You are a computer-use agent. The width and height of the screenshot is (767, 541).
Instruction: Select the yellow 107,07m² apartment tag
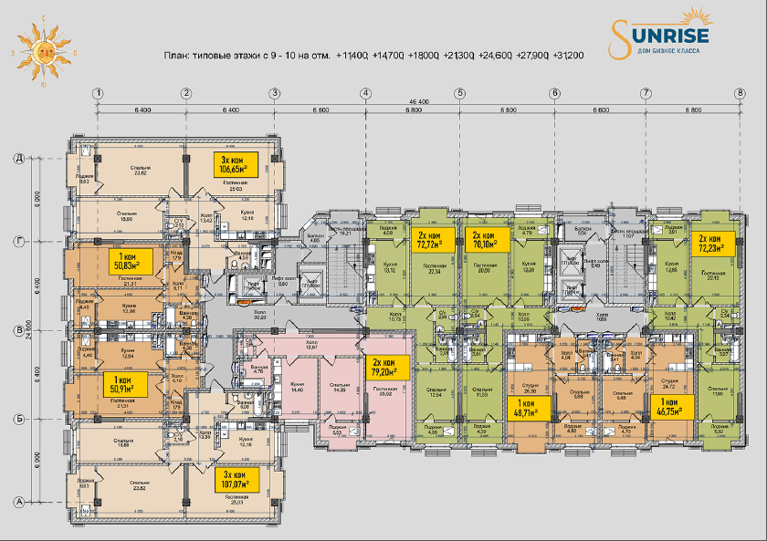pyautogui.click(x=235, y=478)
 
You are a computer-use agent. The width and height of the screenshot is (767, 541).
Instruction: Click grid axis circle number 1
pyautogui.click(x=98, y=93)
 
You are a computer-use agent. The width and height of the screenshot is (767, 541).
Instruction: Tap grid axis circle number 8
pyautogui.click(x=740, y=93)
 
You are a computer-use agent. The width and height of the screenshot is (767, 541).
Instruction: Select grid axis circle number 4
pyautogui.click(x=365, y=93)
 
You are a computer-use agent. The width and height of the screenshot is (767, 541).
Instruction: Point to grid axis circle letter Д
pyautogui.click(x=17, y=158)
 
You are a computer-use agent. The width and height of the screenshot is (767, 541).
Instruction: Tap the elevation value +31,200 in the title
pyautogui.click(x=568, y=56)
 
